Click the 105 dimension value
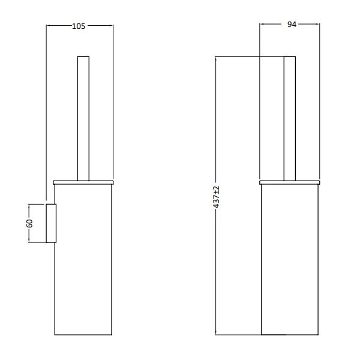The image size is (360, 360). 79,26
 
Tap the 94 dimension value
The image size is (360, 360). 292,25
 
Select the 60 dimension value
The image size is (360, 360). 29,223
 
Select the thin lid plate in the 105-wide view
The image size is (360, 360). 83,181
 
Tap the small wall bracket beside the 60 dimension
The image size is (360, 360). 51,223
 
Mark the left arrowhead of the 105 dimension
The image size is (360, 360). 49,26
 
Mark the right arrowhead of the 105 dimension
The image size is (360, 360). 112,26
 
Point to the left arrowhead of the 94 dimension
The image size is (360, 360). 262,25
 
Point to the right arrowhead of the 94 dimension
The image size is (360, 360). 319,25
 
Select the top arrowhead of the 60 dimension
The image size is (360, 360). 29,206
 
